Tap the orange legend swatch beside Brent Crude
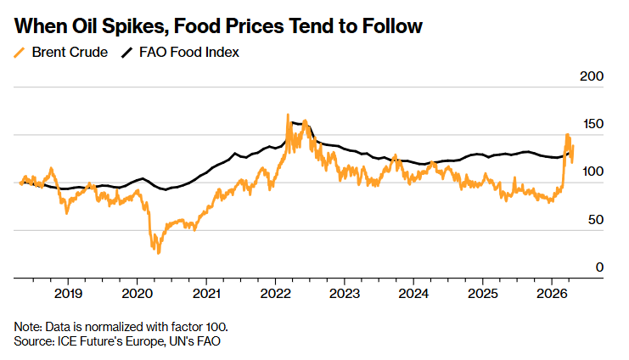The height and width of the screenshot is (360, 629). tap(20, 53)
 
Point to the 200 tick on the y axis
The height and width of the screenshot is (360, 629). tap(591, 76)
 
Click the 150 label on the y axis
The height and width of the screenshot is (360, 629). tap(591, 124)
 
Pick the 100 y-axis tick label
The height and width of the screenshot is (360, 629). tap(591, 172)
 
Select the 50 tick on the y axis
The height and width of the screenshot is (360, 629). tap(594, 219)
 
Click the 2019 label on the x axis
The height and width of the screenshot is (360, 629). tap(68, 294)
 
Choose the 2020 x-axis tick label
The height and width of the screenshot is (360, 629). tap(137, 294)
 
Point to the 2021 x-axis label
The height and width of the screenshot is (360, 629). tap(206, 294)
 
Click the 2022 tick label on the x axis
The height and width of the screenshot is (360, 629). tap(275, 294)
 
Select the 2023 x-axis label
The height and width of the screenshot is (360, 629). tap(344, 294)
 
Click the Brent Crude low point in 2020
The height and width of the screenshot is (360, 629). tap(157, 252)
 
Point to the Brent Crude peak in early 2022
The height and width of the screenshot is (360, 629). tap(289, 115)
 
